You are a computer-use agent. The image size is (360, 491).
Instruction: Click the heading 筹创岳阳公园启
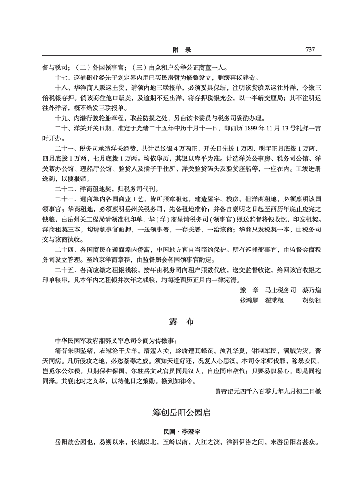(180, 413)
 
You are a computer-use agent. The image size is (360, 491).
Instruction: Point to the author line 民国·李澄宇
(180, 432)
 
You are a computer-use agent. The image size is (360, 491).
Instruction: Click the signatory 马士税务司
(280, 290)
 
